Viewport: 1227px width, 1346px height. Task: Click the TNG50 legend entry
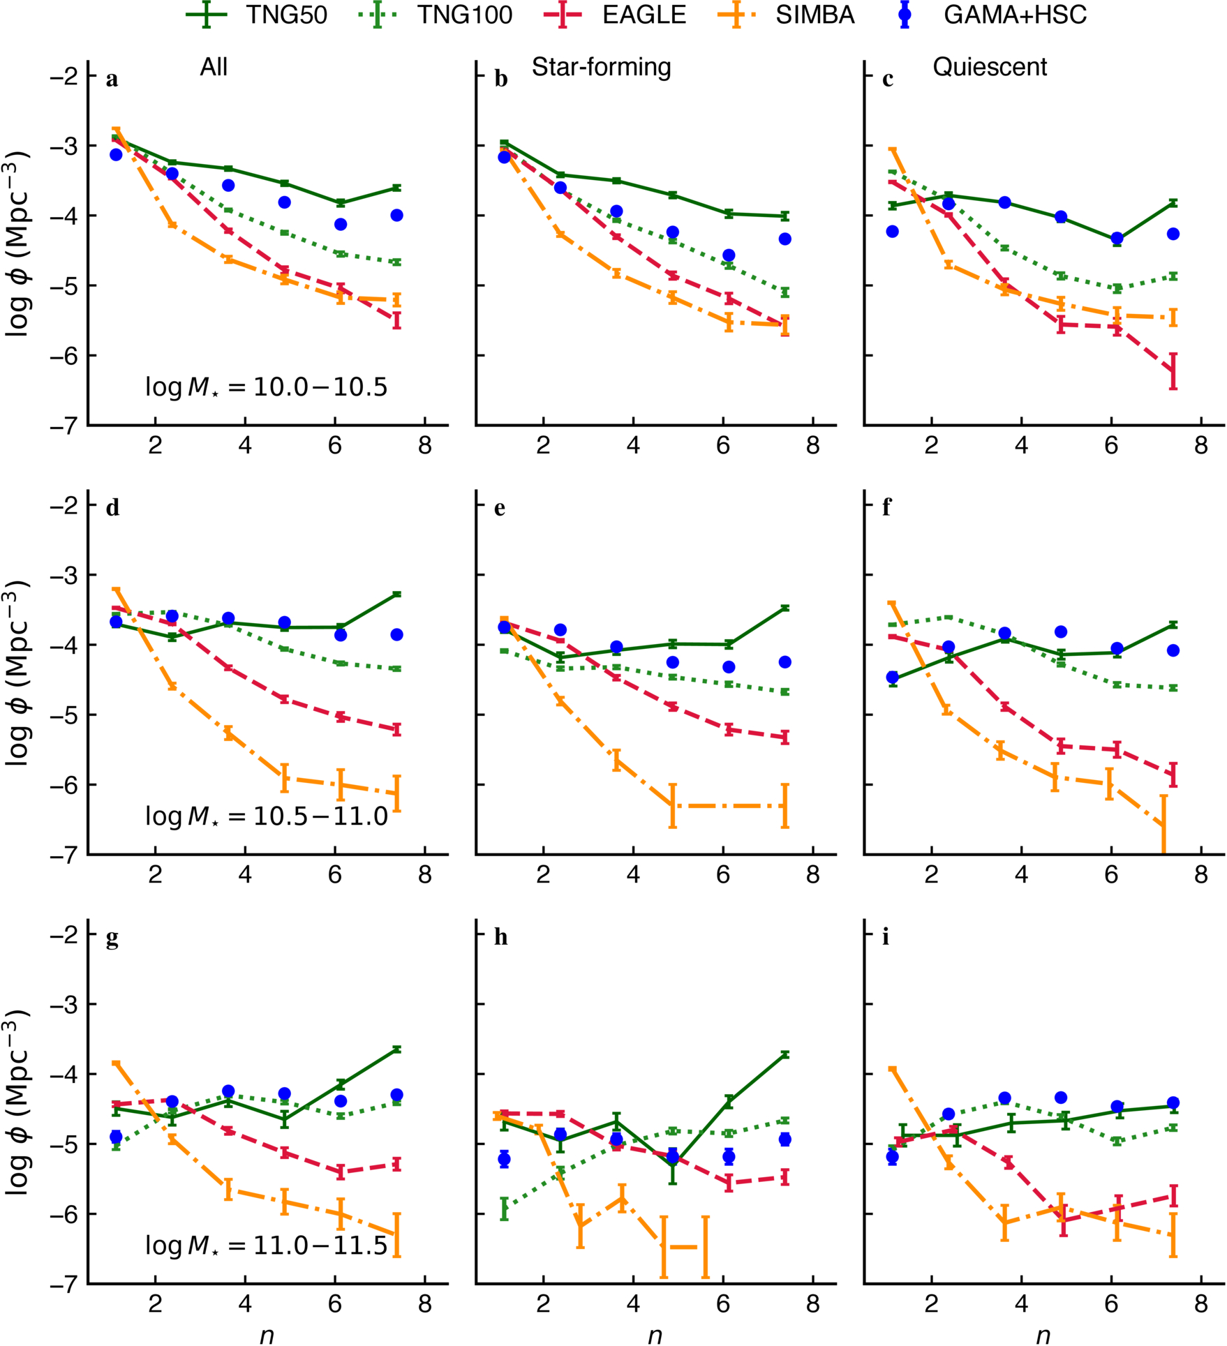click(256, 15)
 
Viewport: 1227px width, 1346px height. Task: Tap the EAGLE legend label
click(615, 15)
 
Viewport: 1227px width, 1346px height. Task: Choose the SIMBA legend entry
click(786, 15)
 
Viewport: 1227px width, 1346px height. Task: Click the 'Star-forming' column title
click(601, 67)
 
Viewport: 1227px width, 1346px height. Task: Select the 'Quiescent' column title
click(990, 67)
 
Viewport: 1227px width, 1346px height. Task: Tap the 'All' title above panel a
click(214, 67)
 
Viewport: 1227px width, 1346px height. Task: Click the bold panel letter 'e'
click(500, 508)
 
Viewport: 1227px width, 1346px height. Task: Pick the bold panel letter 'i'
click(886, 937)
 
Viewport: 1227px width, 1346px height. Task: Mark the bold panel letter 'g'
click(112, 939)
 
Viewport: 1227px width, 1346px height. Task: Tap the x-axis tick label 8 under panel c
click(1200, 446)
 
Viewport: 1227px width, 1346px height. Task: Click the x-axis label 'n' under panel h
click(655, 1335)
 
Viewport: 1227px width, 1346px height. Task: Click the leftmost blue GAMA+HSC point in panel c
click(892, 231)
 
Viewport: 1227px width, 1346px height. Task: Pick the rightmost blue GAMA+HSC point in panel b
click(785, 239)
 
